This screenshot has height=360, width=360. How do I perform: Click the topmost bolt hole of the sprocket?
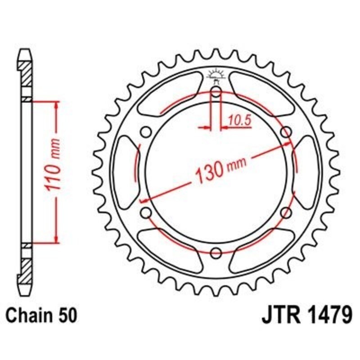pyautogui.click(x=216, y=93)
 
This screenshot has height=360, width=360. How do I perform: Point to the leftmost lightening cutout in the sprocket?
pyautogui.click(x=124, y=172)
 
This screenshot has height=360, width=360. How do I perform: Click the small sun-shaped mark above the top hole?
pyautogui.click(x=216, y=74)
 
